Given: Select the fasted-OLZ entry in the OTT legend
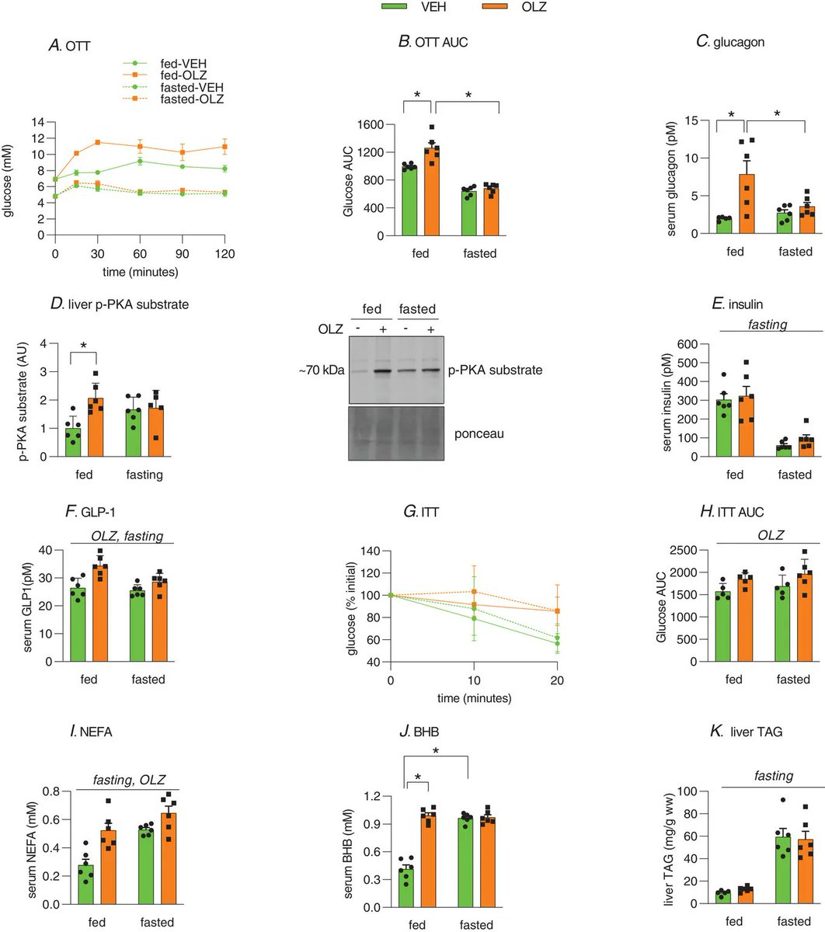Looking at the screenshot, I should tap(177, 100).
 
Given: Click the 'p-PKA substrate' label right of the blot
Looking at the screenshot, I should tap(494, 371).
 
